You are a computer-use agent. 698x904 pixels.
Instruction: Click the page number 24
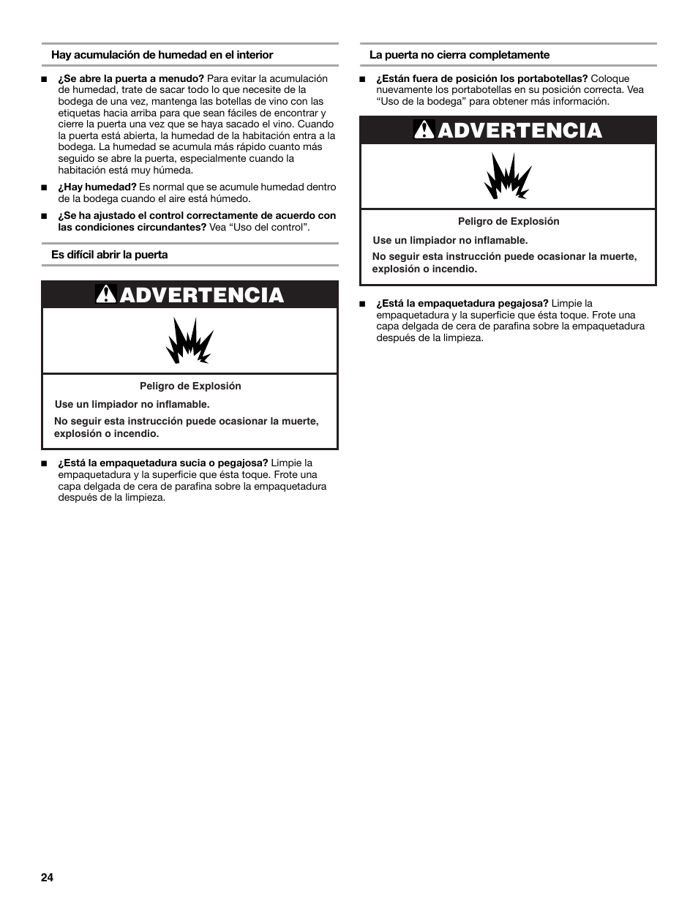(x=47, y=878)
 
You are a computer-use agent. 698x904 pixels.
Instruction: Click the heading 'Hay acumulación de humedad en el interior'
(x=162, y=55)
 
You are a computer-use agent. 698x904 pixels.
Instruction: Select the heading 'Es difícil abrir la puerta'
(x=109, y=255)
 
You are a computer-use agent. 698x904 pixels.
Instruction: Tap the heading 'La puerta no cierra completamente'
(x=459, y=55)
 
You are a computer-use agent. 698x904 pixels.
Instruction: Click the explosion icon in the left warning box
(x=190, y=341)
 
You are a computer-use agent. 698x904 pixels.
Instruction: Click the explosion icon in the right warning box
(x=508, y=176)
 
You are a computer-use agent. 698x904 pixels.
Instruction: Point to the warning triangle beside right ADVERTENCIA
(x=424, y=130)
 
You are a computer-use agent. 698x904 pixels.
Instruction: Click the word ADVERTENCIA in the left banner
(x=201, y=295)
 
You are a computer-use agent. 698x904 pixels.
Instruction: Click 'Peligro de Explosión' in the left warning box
(x=190, y=386)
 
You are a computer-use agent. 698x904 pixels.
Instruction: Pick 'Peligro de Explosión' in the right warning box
(x=509, y=221)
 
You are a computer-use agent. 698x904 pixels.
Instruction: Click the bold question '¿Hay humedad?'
(x=97, y=187)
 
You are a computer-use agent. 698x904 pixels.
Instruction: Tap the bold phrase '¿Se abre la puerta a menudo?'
(x=131, y=79)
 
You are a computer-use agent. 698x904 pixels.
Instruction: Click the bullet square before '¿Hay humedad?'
(x=45, y=187)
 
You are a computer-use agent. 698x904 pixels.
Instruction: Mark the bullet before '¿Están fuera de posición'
(x=362, y=79)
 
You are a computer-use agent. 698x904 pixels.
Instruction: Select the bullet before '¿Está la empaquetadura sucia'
(x=45, y=463)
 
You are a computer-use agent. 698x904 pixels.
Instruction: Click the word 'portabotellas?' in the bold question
(x=553, y=79)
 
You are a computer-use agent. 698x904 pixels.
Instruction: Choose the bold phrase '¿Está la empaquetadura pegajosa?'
(x=462, y=303)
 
